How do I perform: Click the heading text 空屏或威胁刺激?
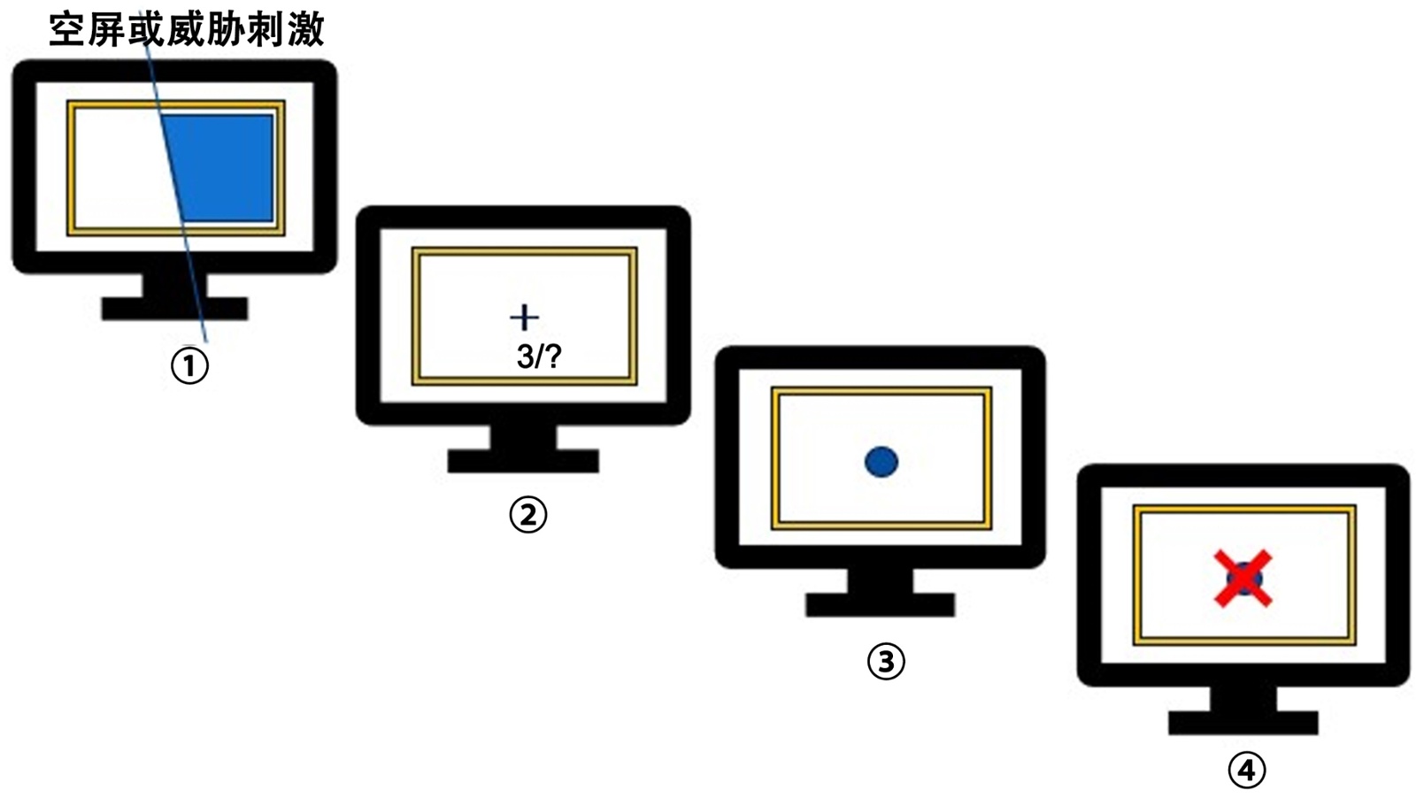(187, 29)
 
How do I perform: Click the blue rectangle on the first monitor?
(221, 167)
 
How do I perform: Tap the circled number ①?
(189, 365)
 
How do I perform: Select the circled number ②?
(527, 514)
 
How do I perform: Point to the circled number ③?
(886, 661)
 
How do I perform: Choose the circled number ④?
(1246, 770)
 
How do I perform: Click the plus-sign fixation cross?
(525, 318)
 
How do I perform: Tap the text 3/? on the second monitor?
(539, 357)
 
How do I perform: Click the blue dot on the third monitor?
(881, 462)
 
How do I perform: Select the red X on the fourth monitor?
(1243, 579)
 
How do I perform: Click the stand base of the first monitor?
(174, 309)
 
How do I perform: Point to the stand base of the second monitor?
(523, 461)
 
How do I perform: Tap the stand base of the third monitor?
(880, 605)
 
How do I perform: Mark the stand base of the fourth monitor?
(1243, 722)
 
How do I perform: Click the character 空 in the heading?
(67, 29)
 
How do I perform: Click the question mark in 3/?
(553, 357)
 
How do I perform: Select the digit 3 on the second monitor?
(525, 357)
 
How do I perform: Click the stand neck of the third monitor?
(880, 580)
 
